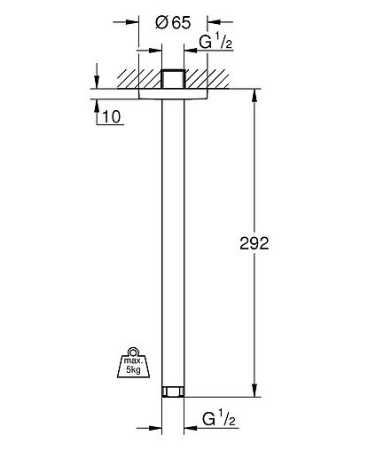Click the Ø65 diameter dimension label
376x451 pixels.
173,23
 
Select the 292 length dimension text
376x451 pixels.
255,243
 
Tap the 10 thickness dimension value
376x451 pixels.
112,116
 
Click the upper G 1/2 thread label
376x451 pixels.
215,42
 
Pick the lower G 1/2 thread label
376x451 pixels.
219,419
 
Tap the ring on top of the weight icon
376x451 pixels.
132,352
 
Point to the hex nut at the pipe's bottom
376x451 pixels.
173,392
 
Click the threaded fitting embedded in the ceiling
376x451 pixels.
173,79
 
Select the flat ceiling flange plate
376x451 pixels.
173,94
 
